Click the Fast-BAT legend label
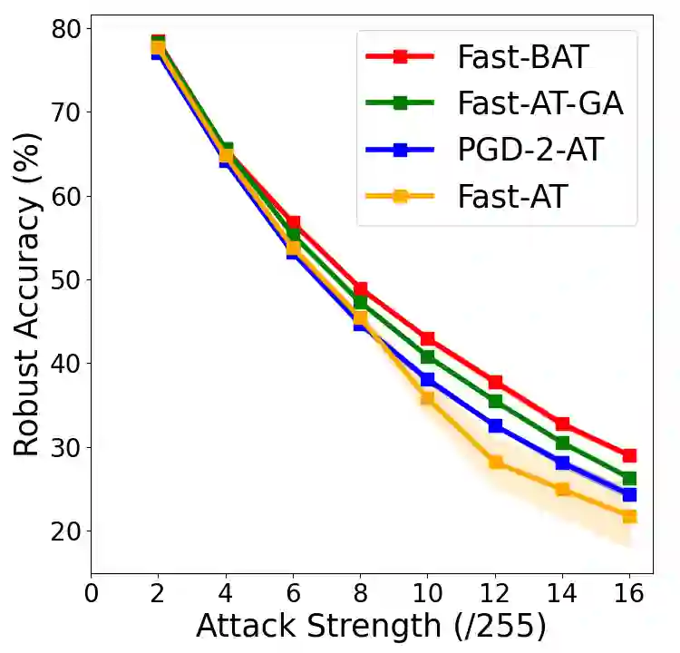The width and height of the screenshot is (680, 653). click(523, 56)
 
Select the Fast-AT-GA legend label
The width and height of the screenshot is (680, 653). click(540, 103)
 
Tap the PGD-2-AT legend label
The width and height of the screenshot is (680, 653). click(529, 150)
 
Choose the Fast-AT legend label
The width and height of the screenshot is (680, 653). click(511, 196)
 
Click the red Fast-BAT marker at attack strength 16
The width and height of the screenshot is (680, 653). click(628, 455)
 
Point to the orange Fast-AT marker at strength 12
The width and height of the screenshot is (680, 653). click(495, 462)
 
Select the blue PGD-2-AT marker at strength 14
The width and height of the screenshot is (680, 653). click(562, 463)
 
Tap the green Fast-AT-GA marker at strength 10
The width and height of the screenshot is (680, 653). click(427, 356)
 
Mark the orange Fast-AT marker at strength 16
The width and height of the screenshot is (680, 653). click(628, 516)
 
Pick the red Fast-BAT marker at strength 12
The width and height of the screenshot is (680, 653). click(495, 382)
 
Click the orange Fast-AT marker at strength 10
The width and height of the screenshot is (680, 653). click(427, 397)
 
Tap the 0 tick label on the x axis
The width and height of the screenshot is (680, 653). click(91, 594)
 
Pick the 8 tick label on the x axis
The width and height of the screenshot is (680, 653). click(360, 594)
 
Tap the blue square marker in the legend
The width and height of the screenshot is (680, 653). click(400, 150)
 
